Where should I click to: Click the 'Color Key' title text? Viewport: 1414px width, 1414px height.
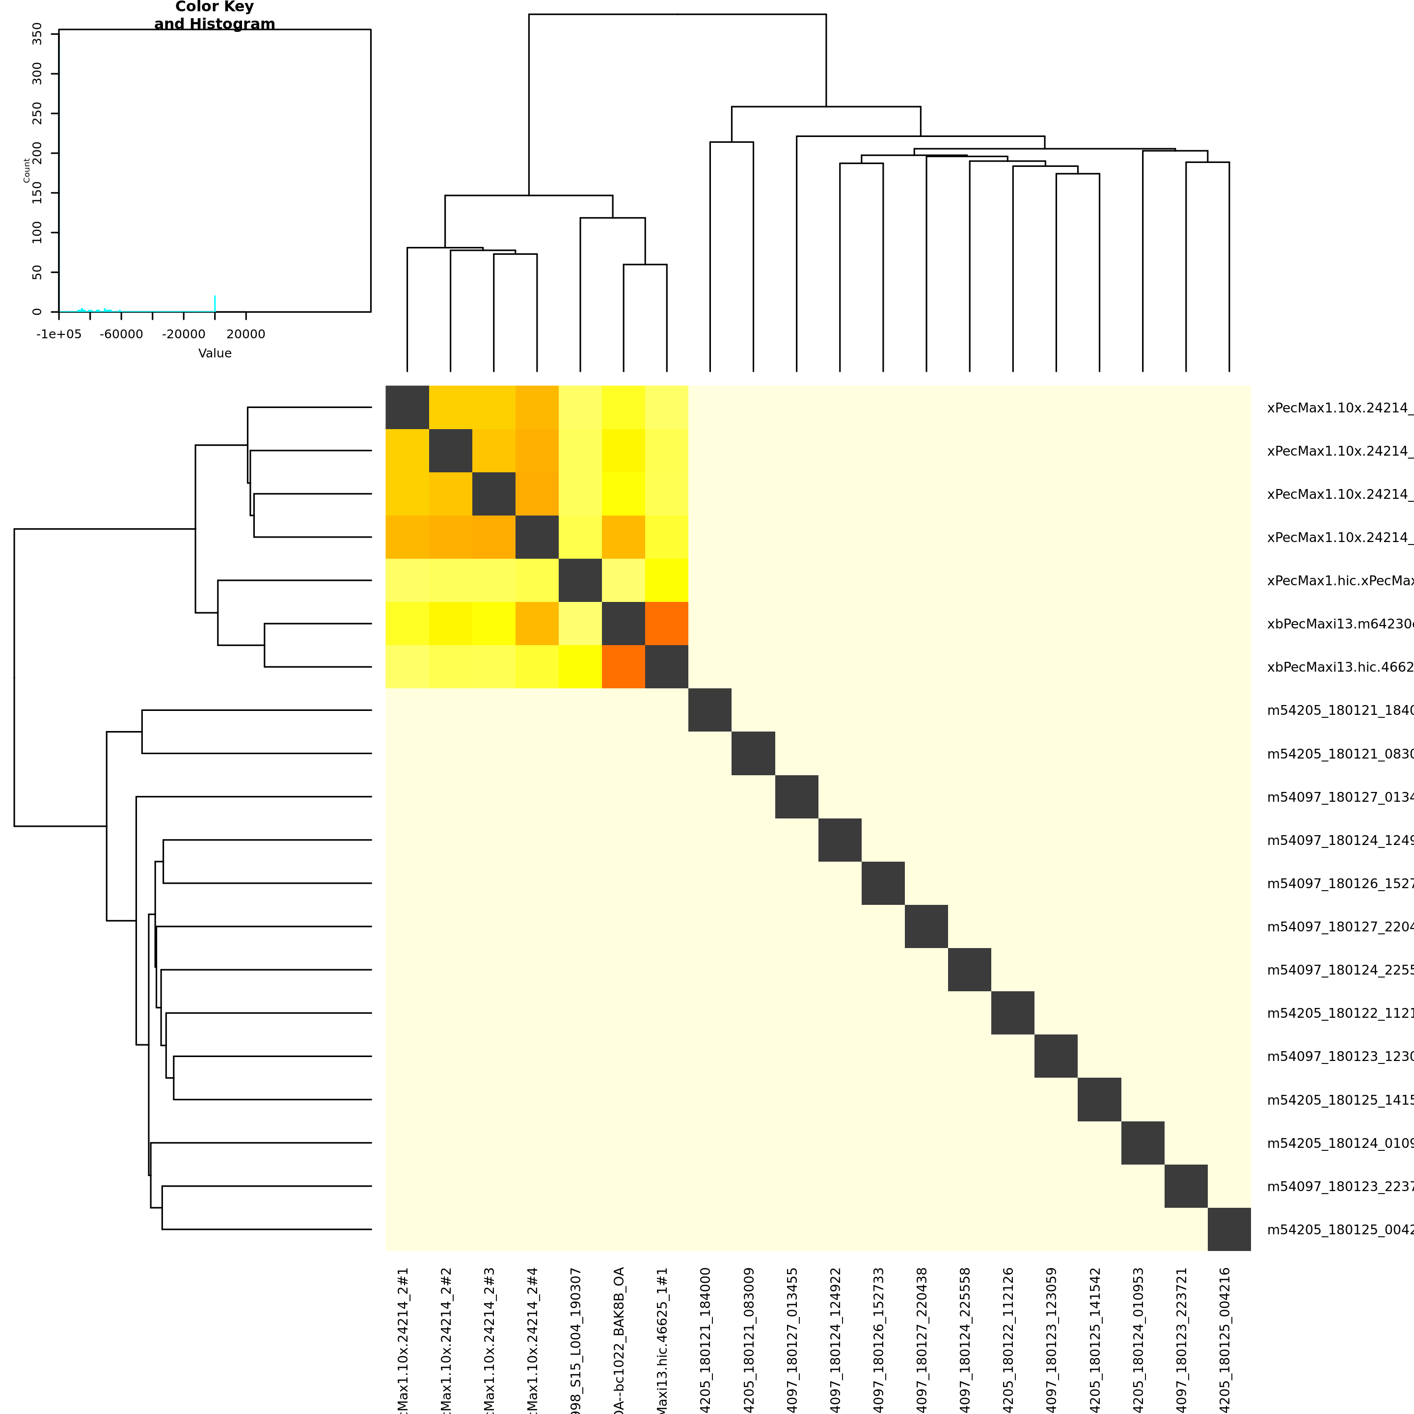[215, 7]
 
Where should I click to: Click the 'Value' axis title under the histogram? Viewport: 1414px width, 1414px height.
[215, 353]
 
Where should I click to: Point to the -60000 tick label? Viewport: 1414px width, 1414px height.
[121, 334]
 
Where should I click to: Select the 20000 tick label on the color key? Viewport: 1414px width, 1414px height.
[246, 334]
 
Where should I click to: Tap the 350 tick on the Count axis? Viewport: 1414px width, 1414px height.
[37, 34]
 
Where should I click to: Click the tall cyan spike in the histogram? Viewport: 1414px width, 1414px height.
[215, 303]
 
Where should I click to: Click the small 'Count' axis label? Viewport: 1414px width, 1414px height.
[27, 170]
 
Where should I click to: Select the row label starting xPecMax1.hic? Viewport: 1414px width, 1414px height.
[1339, 580]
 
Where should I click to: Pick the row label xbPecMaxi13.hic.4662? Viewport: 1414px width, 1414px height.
[1339, 667]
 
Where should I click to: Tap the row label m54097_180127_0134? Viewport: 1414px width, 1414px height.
[1339, 797]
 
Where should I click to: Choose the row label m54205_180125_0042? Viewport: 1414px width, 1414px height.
[1339, 1229]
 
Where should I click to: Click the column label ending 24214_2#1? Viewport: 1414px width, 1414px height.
[403, 1339]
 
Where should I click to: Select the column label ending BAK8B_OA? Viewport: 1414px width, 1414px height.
[619, 1339]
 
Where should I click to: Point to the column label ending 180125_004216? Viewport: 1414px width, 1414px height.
[1225, 1339]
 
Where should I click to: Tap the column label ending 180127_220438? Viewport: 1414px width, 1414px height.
[922, 1339]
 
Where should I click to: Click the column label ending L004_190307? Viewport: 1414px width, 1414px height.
[576, 1339]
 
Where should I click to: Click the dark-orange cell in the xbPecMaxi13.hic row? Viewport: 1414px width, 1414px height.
[624, 667]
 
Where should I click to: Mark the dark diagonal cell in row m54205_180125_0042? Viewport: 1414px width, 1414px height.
[1229, 1229]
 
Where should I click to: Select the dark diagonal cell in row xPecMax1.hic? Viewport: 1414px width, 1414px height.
[580, 580]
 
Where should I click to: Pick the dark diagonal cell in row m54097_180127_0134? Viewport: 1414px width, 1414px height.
[796, 797]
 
